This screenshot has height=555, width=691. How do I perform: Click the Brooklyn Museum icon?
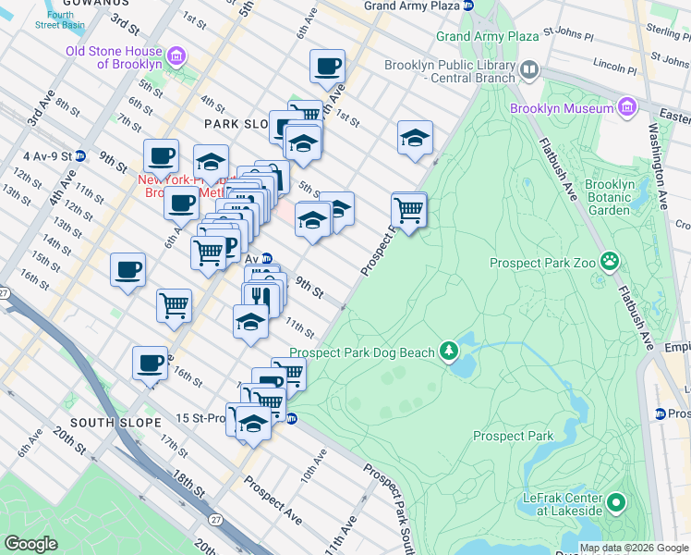[627, 108]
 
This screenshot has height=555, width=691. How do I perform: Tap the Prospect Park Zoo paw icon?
[609, 262]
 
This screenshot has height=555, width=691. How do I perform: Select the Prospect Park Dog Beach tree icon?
[449, 351]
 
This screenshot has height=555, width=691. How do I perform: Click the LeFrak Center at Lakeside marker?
[616, 504]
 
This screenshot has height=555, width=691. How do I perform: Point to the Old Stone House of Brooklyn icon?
[177, 56]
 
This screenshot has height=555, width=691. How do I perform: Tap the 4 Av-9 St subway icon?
[80, 155]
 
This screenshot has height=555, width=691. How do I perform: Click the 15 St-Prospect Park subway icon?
[291, 418]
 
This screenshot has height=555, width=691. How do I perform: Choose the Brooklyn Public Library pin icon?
[529, 68]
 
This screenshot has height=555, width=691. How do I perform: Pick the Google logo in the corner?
[31, 543]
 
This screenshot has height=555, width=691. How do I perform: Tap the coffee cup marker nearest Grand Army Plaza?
[327, 67]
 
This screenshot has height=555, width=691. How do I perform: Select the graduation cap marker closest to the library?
[415, 138]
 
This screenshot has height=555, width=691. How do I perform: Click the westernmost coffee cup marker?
[127, 270]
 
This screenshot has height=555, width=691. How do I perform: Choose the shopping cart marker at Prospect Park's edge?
[408, 210]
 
